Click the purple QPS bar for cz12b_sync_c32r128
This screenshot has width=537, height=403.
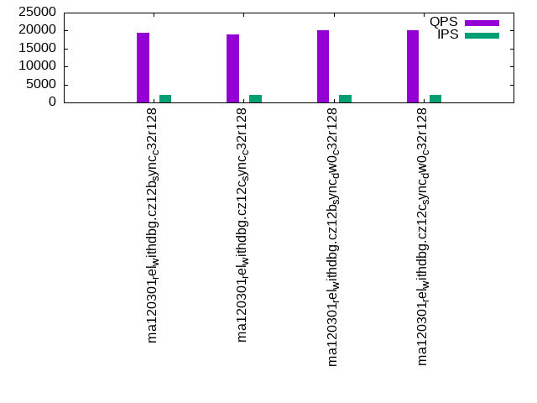143,67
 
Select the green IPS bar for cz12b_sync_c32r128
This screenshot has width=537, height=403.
165,98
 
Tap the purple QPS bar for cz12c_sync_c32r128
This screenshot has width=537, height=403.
233,68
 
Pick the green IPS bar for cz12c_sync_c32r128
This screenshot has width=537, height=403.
255,98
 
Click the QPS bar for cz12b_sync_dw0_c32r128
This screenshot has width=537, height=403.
323,66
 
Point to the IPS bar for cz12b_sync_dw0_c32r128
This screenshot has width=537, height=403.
345,98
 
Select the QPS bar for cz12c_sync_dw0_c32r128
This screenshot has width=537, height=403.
413,66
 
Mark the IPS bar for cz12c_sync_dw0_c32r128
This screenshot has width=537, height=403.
435,98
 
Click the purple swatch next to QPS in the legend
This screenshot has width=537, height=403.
482,23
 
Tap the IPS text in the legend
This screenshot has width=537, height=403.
447,34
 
